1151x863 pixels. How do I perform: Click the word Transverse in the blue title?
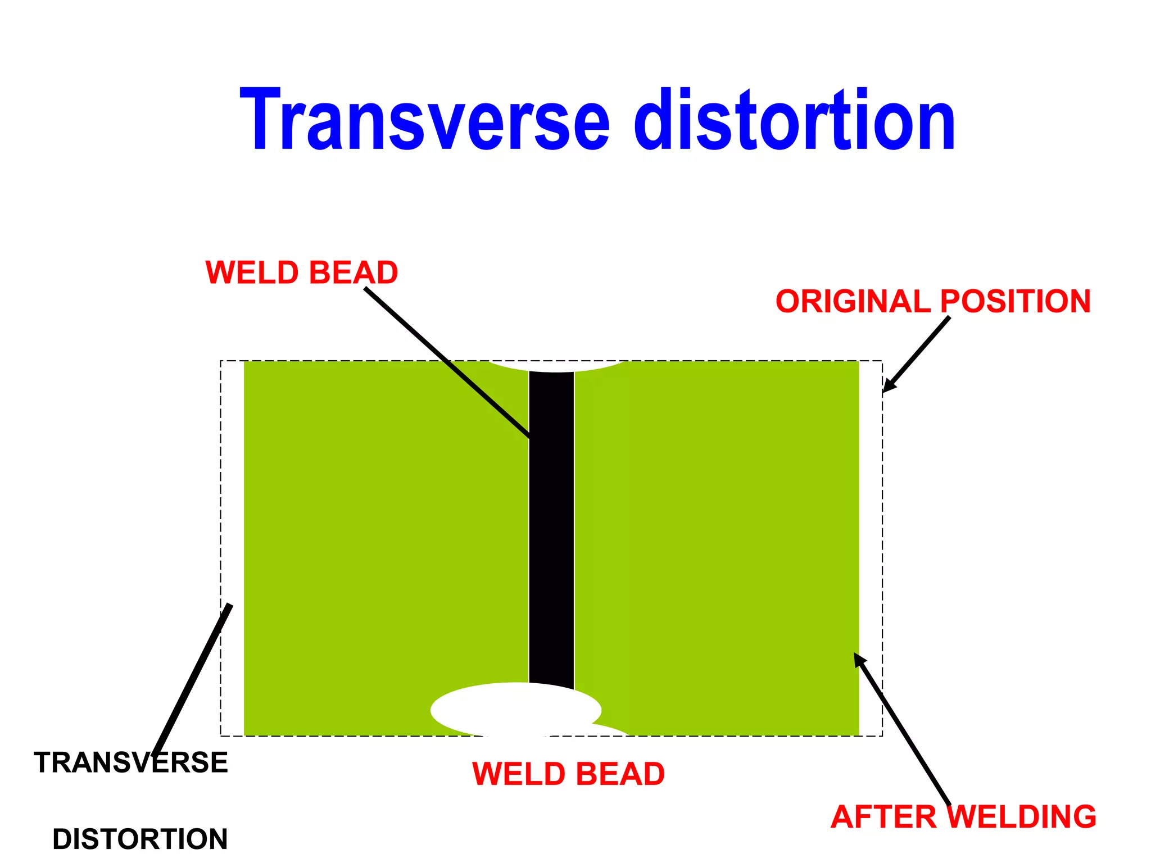point(424,120)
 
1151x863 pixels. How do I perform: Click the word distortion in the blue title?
point(795,120)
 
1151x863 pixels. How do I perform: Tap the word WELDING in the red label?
point(1025,816)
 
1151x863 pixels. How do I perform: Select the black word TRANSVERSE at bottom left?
point(131,762)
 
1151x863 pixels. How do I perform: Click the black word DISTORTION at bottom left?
point(140,839)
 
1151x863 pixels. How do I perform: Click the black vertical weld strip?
point(551,528)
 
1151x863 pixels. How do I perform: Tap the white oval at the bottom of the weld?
point(515,710)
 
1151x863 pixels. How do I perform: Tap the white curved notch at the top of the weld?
point(556,366)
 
